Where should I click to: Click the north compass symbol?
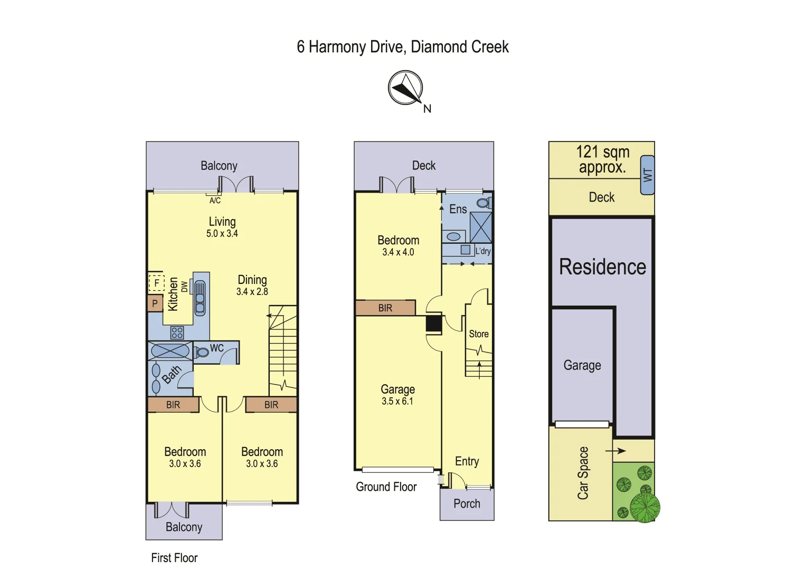405,88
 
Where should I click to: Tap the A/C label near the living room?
215,201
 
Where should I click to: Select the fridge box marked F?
156,283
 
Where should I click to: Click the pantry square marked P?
155,303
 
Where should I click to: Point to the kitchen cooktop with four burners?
177,332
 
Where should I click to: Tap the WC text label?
217,348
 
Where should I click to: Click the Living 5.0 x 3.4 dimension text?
222,233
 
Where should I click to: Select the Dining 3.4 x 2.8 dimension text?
252,291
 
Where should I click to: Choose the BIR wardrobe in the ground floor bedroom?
385,308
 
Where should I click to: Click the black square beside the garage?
433,323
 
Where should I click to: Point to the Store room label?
479,334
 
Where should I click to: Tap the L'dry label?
483,251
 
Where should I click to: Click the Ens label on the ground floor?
458,209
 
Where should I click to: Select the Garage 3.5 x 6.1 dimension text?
397,401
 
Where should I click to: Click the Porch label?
467,503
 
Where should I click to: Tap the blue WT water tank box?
648,175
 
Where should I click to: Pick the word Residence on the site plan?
602,267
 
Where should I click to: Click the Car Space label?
583,473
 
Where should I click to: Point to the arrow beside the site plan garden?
615,451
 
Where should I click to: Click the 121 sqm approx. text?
602,159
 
